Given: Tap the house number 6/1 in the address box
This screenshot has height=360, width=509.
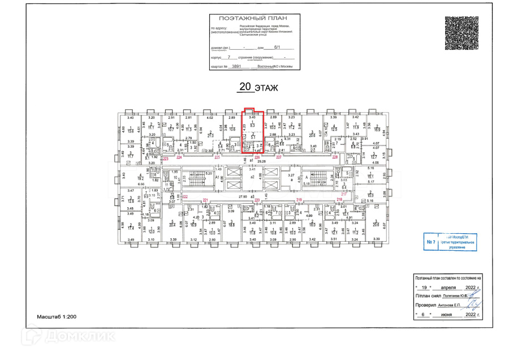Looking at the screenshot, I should pyautogui.click(x=276, y=48).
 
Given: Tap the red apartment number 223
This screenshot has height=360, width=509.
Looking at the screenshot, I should pyautogui.click(x=166, y=159).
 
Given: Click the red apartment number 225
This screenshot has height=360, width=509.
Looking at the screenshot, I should pyautogui.click(x=217, y=158).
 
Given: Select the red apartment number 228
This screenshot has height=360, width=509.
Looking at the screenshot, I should pyautogui.click(x=335, y=158).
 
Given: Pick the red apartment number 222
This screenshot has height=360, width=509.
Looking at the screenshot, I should pyautogui.click(x=185, y=196).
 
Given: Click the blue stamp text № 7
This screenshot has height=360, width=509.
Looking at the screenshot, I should pyautogui.click(x=431, y=242).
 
